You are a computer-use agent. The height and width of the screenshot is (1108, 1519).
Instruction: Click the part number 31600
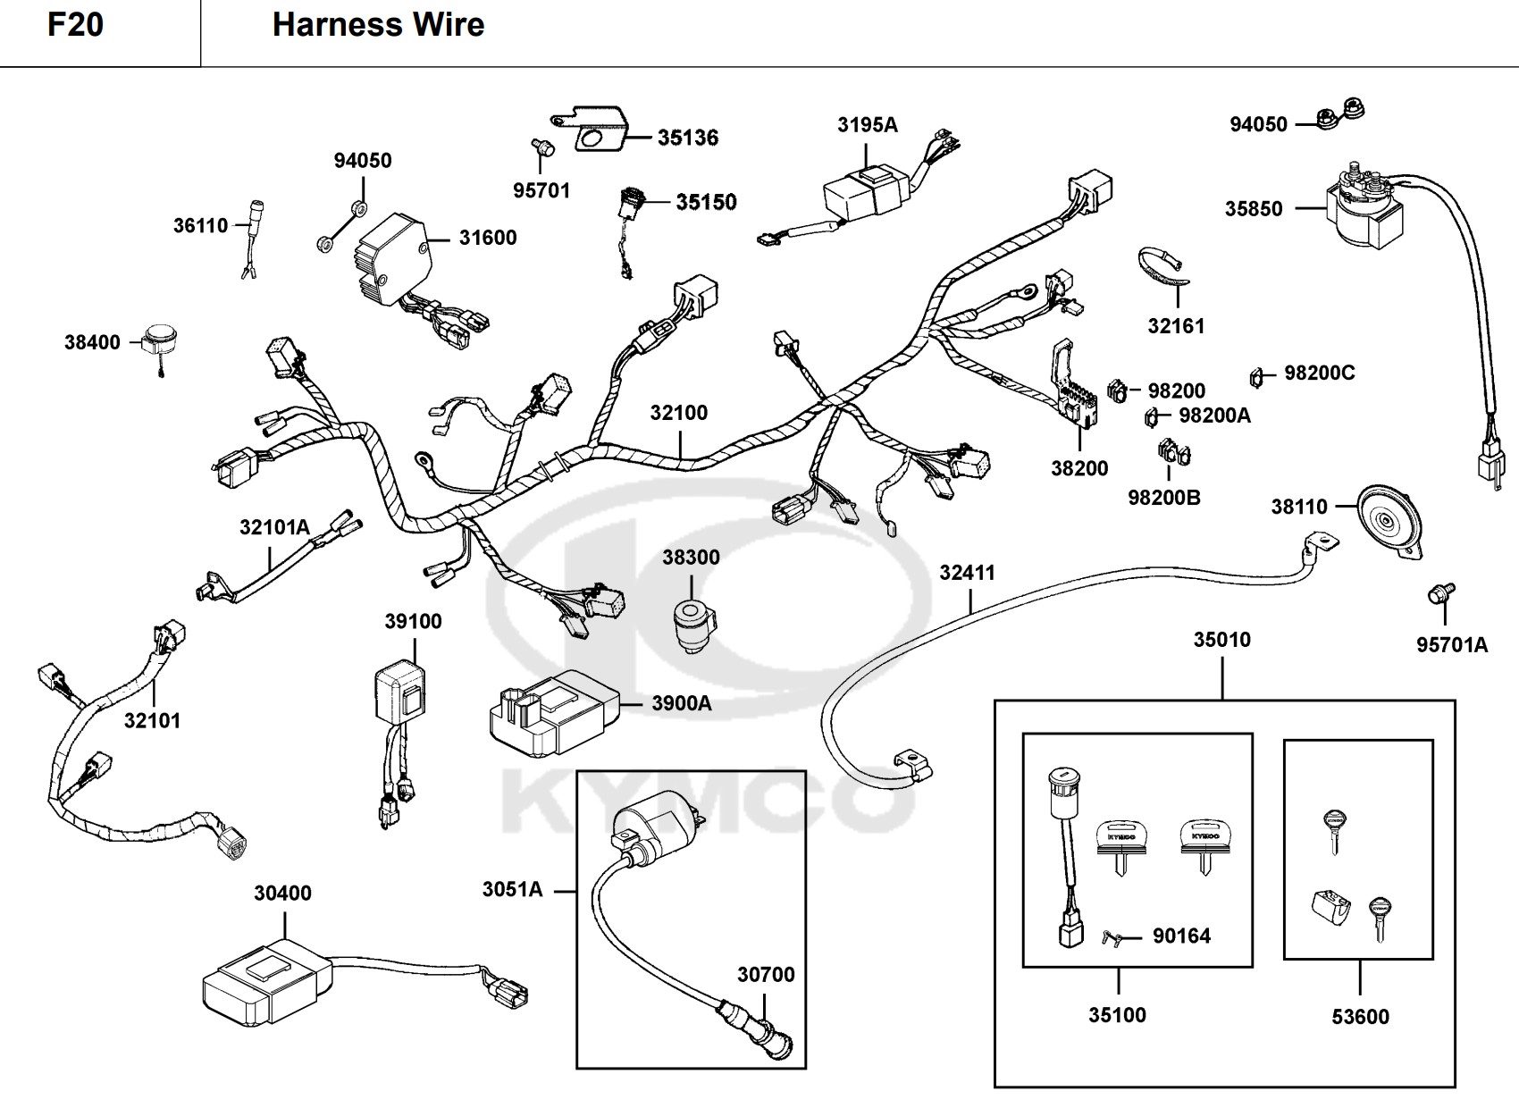488,238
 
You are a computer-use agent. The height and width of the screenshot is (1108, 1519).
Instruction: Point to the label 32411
967,573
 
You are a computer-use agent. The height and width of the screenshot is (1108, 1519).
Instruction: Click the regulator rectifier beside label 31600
393,258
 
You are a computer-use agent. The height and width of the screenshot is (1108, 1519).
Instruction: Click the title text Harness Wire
378,25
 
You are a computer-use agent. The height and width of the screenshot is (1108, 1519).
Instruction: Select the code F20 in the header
75,25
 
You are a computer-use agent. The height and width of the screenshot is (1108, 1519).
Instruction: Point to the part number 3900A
682,704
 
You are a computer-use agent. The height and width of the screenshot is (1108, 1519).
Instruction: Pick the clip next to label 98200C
1256,377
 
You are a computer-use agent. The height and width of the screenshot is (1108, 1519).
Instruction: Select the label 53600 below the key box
1360,1017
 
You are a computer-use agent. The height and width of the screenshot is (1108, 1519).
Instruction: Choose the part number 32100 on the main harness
679,413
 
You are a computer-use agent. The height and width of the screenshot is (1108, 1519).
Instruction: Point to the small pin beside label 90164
1112,938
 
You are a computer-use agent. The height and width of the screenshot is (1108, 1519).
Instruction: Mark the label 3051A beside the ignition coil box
512,890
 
